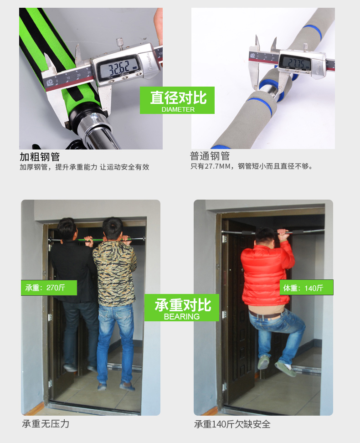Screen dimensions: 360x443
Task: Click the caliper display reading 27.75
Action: coord(296,62)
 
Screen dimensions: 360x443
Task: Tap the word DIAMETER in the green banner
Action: coord(178,109)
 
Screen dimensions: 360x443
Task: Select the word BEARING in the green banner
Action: coord(182,316)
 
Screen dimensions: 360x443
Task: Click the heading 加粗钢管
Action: coord(40,156)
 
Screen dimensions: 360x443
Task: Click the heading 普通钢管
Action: coord(210,156)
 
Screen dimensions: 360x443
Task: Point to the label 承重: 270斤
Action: coord(45,288)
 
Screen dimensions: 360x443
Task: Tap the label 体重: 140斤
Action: coord(303,288)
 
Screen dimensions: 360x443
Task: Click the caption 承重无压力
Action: coord(46,423)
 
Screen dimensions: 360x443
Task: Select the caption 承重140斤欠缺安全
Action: coord(232,424)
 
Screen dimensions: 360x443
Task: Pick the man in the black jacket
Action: coord(74,294)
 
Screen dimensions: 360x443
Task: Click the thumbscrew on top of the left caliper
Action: coord(120,44)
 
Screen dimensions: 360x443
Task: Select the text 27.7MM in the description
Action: coord(217,166)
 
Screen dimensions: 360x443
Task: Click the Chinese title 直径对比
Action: coord(178,98)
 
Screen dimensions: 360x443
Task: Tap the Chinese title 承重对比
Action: coord(183,305)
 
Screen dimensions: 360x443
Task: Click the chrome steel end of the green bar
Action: coord(98,130)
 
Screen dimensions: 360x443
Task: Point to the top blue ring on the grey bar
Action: coord(312,32)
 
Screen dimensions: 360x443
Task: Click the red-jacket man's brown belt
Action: coord(266,314)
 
